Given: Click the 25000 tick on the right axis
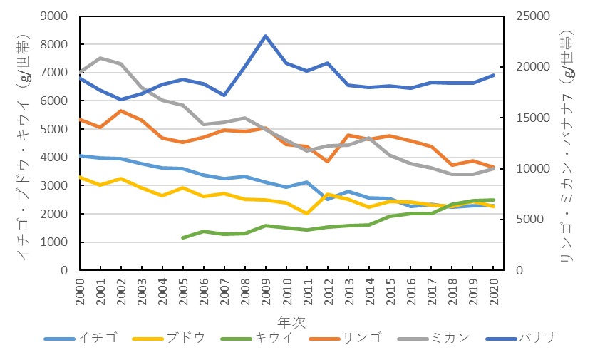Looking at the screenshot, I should pyautogui.click(x=529, y=16).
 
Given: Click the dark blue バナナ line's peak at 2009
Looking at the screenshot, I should pyautogui.click(x=265, y=36).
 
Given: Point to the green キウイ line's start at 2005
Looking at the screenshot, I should pyautogui.click(x=183, y=237).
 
